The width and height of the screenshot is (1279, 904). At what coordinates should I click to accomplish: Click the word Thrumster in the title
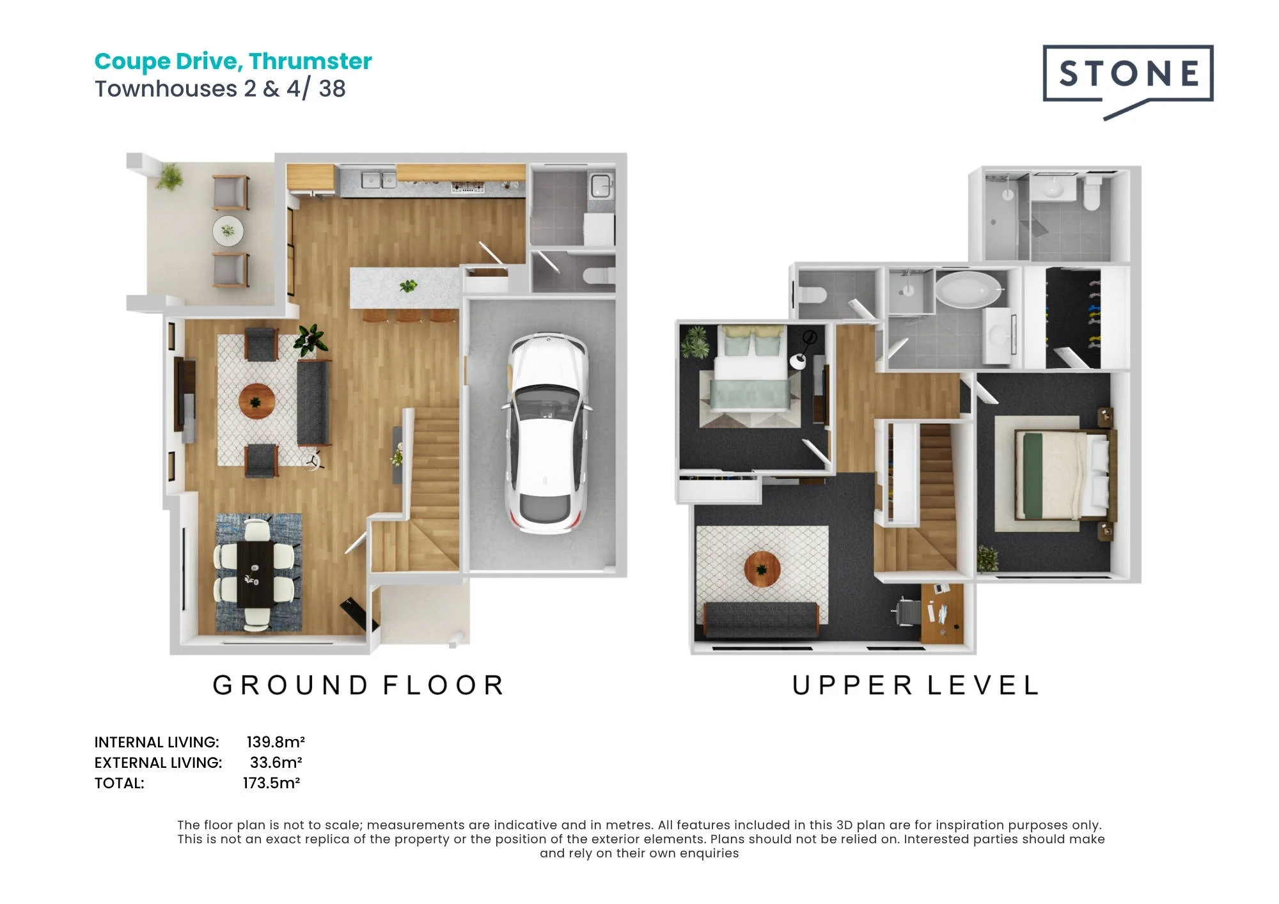(x=310, y=61)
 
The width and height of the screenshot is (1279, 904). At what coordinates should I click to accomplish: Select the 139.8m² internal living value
(x=276, y=742)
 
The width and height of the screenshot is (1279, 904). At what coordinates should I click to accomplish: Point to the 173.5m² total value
(x=272, y=783)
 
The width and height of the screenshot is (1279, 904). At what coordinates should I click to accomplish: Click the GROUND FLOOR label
(x=359, y=685)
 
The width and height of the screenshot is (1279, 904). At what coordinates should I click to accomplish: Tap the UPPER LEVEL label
(x=915, y=685)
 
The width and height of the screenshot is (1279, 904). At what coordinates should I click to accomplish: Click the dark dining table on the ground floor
(x=256, y=574)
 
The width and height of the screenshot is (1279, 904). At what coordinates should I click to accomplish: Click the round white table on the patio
(x=228, y=230)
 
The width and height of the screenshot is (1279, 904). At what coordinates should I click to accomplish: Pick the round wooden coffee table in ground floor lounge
(x=256, y=401)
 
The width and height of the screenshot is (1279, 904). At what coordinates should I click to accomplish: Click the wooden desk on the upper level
(x=942, y=613)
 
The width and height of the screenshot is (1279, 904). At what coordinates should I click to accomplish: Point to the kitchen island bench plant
(x=407, y=286)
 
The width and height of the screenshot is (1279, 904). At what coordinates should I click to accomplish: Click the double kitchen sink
(x=379, y=180)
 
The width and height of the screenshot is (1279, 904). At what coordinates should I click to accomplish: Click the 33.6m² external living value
(x=276, y=762)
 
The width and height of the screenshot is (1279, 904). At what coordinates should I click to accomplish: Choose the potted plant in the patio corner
(x=169, y=177)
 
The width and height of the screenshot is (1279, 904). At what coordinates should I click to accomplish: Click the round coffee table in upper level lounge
(x=762, y=568)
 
